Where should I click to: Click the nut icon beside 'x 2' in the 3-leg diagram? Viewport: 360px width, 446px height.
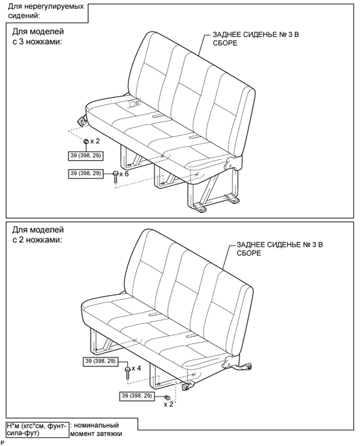click(x=86, y=141)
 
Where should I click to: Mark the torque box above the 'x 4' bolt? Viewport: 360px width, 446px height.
click(x=101, y=361)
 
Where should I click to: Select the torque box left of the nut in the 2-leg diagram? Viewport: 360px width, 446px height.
click(x=137, y=395)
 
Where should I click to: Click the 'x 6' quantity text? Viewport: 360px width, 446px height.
click(x=124, y=173)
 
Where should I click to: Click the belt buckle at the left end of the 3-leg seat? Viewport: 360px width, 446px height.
click(x=82, y=121)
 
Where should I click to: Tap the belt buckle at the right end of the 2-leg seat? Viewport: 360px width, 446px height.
click(x=245, y=367)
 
